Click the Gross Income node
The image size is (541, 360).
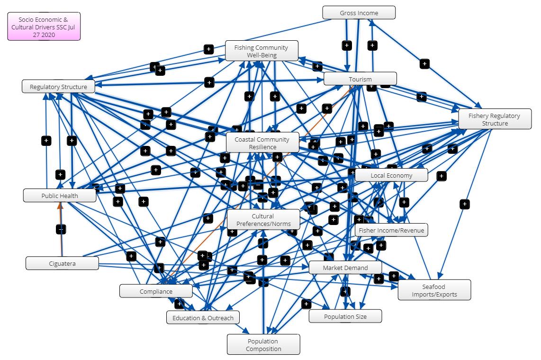point(359,13)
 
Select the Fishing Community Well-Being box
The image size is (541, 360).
point(261,51)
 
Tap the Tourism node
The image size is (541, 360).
point(360,79)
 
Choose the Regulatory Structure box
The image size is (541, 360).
point(58,87)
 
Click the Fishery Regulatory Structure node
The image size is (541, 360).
point(494,119)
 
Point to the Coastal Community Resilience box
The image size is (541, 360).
point(262,143)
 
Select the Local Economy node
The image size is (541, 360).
point(391,175)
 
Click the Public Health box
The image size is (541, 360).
point(59,195)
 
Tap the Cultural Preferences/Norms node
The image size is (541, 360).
point(263,220)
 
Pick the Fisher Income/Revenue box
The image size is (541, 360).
point(391,230)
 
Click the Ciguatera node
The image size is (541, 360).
point(62,263)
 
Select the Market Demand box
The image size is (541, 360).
point(345,268)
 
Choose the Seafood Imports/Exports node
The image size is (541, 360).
point(434,290)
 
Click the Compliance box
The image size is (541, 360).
point(156,291)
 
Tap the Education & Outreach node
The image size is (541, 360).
point(203,317)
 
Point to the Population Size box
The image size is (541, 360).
point(345,316)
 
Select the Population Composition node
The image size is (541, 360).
point(263,344)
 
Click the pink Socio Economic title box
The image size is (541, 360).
point(44,27)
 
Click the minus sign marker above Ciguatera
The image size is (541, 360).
point(61,229)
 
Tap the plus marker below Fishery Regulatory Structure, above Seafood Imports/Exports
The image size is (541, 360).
point(465,204)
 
